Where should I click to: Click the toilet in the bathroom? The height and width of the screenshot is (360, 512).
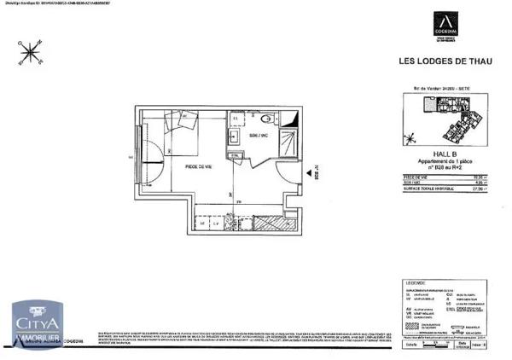(265, 119)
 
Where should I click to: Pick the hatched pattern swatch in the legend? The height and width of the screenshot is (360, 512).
(410, 325)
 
